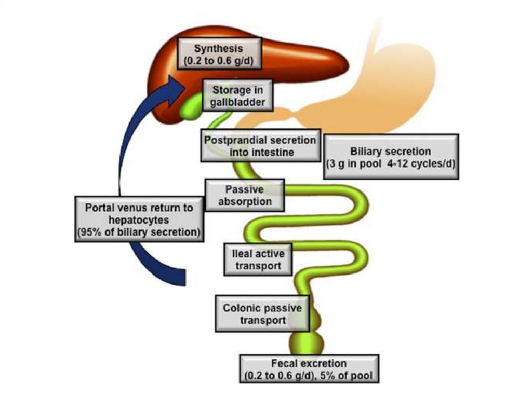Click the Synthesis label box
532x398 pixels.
click(218, 54)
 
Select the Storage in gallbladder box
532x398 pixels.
click(237, 95)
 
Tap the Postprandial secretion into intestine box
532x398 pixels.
click(260, 146)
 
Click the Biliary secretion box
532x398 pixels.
click(390, 157)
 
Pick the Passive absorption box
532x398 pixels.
click(245, 195)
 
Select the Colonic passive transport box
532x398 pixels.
click(262, 314)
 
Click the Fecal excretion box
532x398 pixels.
click(309, 369)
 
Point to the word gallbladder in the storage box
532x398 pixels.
click(237, 102)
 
